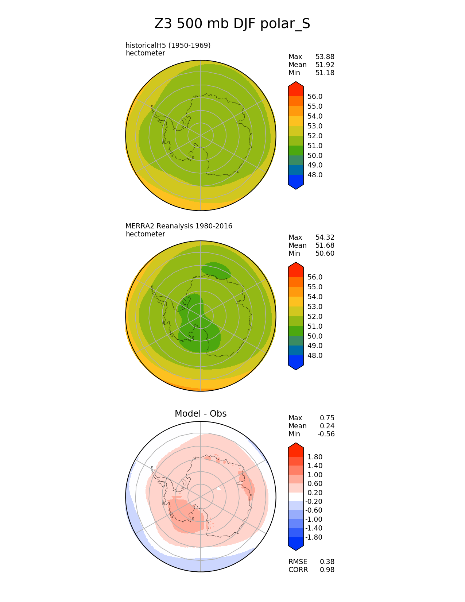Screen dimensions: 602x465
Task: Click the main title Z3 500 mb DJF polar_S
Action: coord(232,24)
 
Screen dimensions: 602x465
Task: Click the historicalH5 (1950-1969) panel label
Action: coord(168,45)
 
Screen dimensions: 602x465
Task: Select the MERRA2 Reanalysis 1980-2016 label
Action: coord(179,226)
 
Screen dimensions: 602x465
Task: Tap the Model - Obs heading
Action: coord(201,413)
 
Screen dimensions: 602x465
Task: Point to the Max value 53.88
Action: coord(325,57)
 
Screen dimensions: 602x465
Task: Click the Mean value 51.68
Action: coord(325,246)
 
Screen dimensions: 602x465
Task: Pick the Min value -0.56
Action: coord(326,434)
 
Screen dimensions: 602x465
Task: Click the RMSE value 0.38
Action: coord(327,562)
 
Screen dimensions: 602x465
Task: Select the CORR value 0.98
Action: coord(327,570)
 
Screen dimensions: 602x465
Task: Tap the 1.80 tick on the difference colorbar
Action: coord(315,457)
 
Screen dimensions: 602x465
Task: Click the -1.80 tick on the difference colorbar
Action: coord(314,537)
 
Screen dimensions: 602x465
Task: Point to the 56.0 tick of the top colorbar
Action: coord(315,97)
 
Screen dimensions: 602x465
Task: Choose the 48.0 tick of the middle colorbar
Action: coord(315,356)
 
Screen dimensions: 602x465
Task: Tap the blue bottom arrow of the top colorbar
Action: coord(296,182)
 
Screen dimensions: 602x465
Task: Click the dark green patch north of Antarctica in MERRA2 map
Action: coord(216,270)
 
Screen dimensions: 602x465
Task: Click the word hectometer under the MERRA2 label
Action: coord(145,234)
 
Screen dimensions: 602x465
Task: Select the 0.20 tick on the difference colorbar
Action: coord(315,493)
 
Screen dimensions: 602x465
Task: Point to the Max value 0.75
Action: coord(327,418)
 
